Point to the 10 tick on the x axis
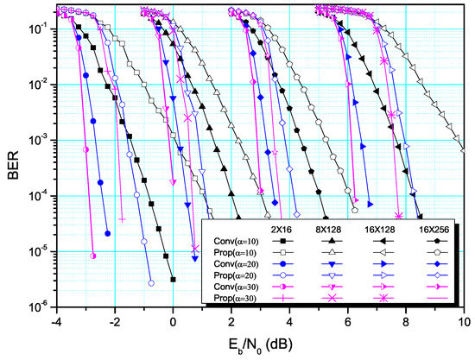463,321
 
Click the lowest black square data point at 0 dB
174,280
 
